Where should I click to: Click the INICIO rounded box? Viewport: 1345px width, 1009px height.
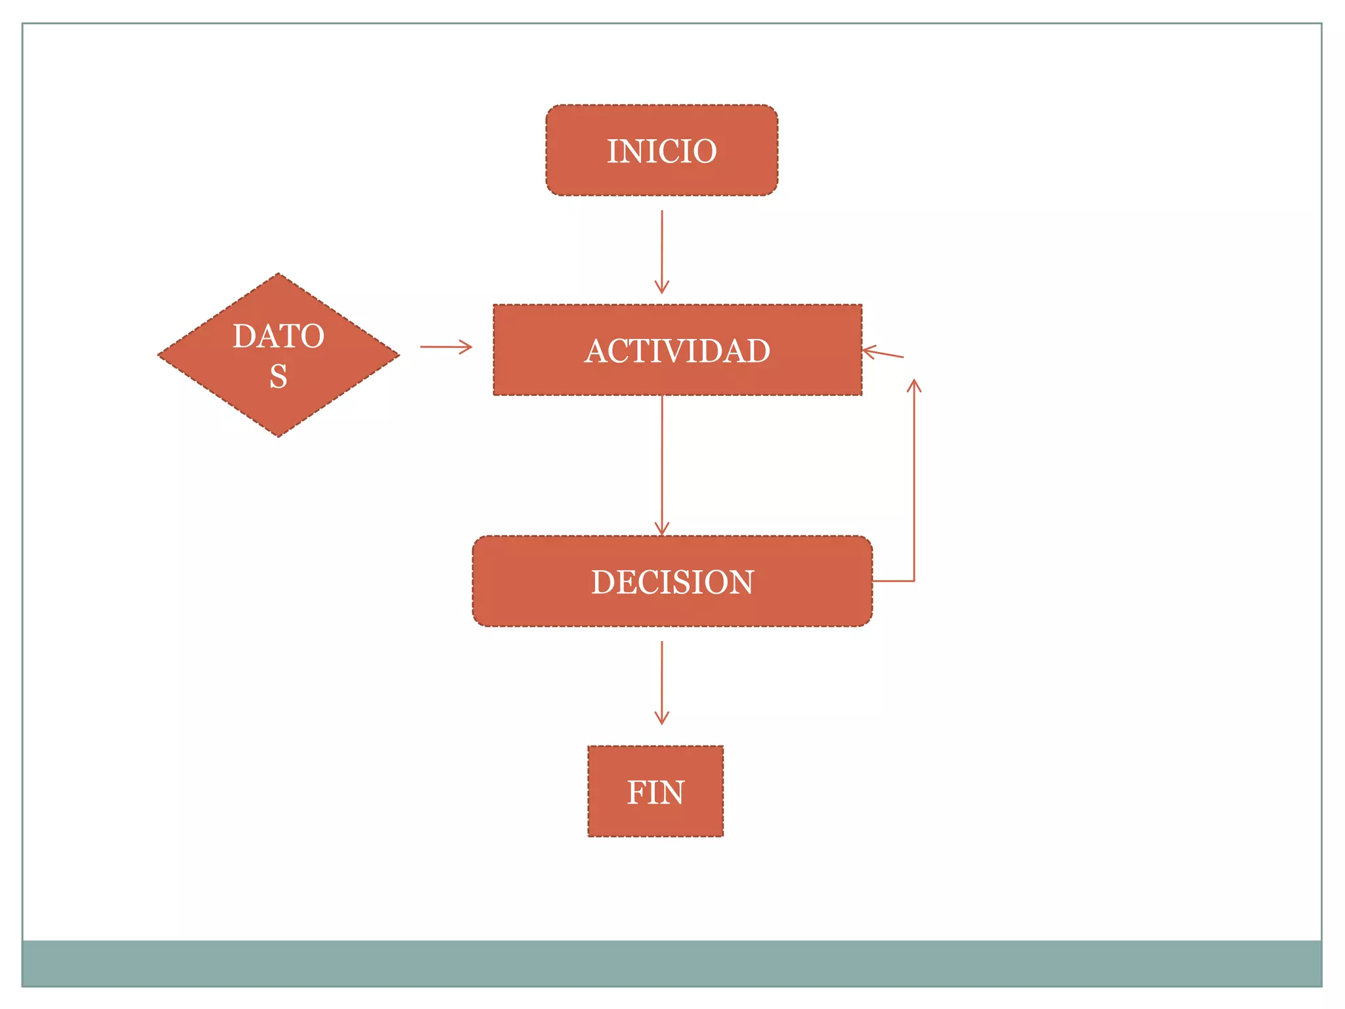point(661,150)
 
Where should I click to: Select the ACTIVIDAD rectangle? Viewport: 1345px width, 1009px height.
point(677,349)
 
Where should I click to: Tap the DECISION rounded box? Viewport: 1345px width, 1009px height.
point(672,581)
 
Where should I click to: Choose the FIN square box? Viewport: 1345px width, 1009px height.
point(655,791)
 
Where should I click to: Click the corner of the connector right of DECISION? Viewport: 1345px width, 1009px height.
point(914,581)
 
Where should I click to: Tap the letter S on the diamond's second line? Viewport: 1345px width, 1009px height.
point(278,376)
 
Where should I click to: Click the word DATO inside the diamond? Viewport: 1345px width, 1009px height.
point(278,336)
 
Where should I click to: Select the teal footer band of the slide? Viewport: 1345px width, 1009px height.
point(671,963)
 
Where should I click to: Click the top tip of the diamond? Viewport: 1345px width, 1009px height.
point(278,275)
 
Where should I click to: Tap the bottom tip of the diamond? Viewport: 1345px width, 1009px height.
point(278,435)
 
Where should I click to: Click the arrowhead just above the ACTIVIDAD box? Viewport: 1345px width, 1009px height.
point(662,287)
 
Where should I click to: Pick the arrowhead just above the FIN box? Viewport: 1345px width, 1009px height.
point(662,718)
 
